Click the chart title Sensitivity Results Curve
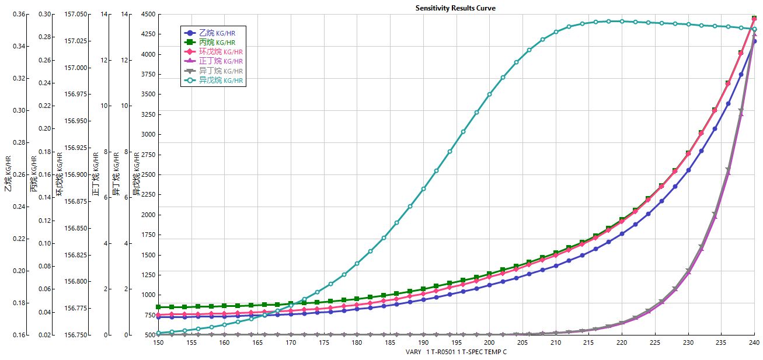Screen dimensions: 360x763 (x=455, y=8)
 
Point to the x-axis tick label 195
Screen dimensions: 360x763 (x=456, y=342)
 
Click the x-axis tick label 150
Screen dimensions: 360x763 (x=158, y=342)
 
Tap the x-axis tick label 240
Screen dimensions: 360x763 (x=754, y=342)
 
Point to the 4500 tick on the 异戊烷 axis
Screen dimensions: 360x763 (x=148, y=14)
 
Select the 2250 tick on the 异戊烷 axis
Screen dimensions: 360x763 (x=148, y=174)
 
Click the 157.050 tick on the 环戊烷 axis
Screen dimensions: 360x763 (x=75, y=14)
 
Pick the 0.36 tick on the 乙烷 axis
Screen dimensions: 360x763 (x=19, y=14)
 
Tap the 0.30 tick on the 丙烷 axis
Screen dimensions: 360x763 (x=45, y=14)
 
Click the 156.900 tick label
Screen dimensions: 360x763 (x=75, y=174)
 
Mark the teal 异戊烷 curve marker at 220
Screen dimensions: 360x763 (x=622, y=21)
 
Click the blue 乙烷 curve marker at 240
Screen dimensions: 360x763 (x=754, y=41)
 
